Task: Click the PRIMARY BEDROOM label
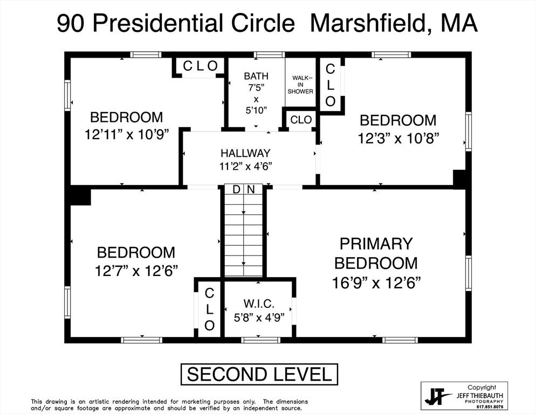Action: tap(376, 253)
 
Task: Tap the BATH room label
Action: tap(256, 76)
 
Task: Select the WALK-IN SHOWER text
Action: tap(300, 85)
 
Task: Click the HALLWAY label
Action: tap(245, 154)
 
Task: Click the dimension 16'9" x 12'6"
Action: tap(376, 282)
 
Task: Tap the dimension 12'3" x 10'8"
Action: tap(398, 138)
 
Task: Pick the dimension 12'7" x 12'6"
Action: tap(136, 270)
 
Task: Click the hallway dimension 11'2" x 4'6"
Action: tap(245, 166)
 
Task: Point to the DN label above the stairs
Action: tap(244, 189)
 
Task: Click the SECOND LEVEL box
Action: tap(259, 374)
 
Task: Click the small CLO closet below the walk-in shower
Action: tap(301, 120)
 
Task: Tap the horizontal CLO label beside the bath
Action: tap(200, 66)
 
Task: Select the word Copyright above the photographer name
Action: tap(482, 387)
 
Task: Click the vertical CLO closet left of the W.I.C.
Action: tap(209, 309)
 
